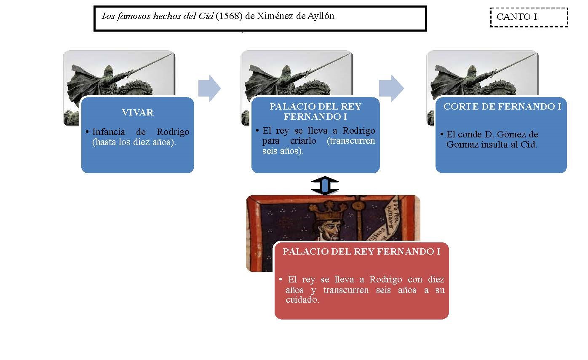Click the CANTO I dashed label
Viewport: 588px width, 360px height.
[529, 17]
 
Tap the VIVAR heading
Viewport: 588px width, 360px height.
[138, 113]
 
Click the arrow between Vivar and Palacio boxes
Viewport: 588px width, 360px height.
[209, 88]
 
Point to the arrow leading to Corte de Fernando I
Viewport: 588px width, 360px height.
[391, 88]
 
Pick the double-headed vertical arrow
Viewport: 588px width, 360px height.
[325, 185]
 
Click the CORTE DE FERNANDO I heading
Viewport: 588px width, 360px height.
[502, 106]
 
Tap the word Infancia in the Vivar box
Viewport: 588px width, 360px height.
[109, 132]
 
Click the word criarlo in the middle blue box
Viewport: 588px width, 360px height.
[303, 141]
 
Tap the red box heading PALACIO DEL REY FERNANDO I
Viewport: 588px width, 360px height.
[361, 252]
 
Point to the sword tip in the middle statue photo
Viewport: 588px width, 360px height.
[350, 54]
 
